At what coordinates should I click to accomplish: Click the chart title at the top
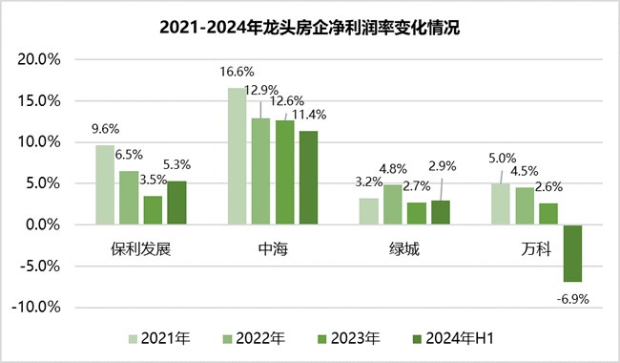(x=310, y=28)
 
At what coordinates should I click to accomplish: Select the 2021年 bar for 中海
(x=237, y=156)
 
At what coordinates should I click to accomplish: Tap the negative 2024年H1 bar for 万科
(x=572, y=253)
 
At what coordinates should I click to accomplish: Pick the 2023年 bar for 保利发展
(x=153, y=210)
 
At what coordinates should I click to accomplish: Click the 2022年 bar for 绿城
(x=393, y=204)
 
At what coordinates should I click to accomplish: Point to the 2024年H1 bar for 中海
(x=308, y=178)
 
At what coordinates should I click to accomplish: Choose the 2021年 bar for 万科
(x=501, y=203)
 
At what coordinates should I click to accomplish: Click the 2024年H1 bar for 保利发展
(x=176, y=203)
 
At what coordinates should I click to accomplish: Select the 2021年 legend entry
(x=159, y=339)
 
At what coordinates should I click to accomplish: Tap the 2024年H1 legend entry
(x=453, y=339)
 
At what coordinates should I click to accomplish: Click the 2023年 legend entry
(x=349, y=339)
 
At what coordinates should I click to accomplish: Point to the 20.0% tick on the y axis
(x=39, y=60)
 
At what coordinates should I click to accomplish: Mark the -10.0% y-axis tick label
(x=36, y=308)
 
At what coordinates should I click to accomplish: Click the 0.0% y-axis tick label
(x=43, y=224)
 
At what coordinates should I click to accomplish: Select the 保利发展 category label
(x=141, y=249)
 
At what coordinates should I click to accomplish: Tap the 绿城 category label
(x=404, y=249)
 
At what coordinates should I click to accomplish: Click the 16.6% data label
(x=237, y=72)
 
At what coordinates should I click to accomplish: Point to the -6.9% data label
(x=572, y=299)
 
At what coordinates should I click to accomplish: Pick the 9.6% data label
(x=105, y=129)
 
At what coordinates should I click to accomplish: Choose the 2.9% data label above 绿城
(x=442, y=166)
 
